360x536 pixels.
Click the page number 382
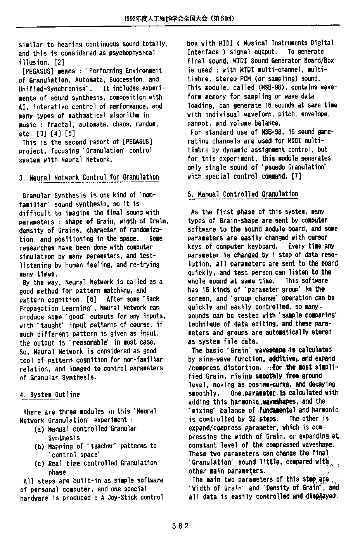click(180, 526)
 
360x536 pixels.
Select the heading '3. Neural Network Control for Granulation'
click(89, 178)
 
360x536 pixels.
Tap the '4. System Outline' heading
click(50, 395)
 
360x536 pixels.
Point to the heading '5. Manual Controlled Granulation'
click(243, 194)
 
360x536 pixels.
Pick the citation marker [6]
click(91, 299)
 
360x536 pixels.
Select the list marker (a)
click(39, 429)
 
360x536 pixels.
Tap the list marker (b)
click(39, 446)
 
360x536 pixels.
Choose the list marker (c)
click(39, 463)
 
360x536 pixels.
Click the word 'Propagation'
click(38, 308)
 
